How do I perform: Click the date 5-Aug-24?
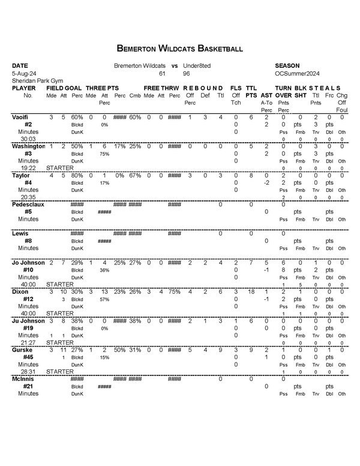(24, 73)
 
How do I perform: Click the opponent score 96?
(187, 73)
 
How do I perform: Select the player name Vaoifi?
(21, 116)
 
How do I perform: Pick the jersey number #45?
(28, 356)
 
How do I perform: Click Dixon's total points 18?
(252, 291)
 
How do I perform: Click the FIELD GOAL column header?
(64, 88)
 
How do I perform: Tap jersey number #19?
(28, 327)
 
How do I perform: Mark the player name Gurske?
(22, 349)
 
